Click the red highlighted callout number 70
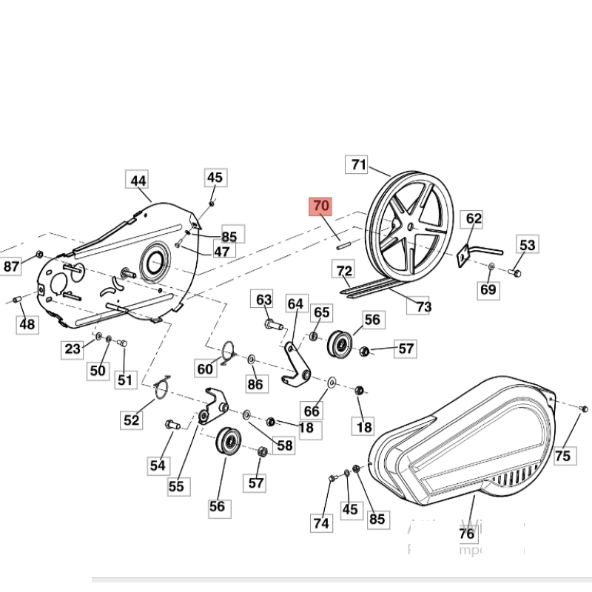tap(321, 206)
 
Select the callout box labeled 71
tap(359, 165)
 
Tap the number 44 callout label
tap(138, 181)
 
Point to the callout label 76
tap(467, 534)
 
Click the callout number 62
tap(474, 218)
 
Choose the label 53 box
tap(527, 245)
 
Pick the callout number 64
tap(295, 303)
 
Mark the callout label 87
tap(12, 266)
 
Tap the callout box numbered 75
tap(563, 456)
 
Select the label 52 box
tap(131, 420)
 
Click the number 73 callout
tap(423, 306)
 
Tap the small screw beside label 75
tap(582, 408)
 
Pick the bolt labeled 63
tap(270, 324)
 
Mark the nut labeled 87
tap(39, 255)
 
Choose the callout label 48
tap(27, 324)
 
